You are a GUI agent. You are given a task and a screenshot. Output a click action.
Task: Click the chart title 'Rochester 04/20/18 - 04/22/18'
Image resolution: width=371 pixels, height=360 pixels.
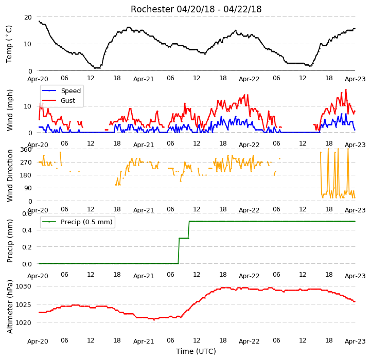(x=196, y=9)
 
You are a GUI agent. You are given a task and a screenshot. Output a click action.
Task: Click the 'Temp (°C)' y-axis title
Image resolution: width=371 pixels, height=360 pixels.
(x=9, y=44)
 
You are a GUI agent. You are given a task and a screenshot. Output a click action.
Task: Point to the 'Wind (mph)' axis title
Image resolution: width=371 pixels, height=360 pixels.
(x=10, y=110)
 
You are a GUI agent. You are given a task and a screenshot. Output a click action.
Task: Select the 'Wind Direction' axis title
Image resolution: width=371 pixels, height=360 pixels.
(x=10, y=175)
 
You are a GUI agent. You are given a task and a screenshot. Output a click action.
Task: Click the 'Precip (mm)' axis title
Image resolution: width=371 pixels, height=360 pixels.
(x=10, y=241)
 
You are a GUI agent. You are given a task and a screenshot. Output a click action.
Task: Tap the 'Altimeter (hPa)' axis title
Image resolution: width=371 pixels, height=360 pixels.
(x=10, y=307)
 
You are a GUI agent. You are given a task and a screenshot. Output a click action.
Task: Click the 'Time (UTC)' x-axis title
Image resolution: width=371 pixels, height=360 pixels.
(x=196, y=351)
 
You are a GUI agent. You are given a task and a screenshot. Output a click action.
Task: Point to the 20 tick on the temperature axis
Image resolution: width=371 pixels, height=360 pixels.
(x=28, y=17)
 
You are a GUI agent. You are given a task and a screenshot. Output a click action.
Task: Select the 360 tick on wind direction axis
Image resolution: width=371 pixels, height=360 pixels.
(x=26, y=150)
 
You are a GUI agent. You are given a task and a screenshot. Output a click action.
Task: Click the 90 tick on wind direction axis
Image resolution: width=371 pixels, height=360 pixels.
(x=28, y=188)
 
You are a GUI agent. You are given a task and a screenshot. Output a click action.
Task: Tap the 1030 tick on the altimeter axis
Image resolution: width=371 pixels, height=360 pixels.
(x=23, y=286)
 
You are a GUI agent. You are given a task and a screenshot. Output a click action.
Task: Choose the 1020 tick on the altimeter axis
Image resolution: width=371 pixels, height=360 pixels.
(x=23, y=322)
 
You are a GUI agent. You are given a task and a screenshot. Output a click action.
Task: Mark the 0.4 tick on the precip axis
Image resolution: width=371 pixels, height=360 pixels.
(x=27, y=230)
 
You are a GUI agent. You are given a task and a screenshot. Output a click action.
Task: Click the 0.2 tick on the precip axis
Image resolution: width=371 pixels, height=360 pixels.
(x=27, y=247)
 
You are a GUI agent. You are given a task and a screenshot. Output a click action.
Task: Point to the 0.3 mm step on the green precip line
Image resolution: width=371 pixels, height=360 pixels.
(x=184, y=238)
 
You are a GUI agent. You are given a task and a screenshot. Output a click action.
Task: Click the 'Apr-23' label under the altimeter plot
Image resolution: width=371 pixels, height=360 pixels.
(x=355, y=341)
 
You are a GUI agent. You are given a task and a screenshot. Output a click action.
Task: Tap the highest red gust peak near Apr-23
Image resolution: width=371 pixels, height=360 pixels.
(x=346, y=89)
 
